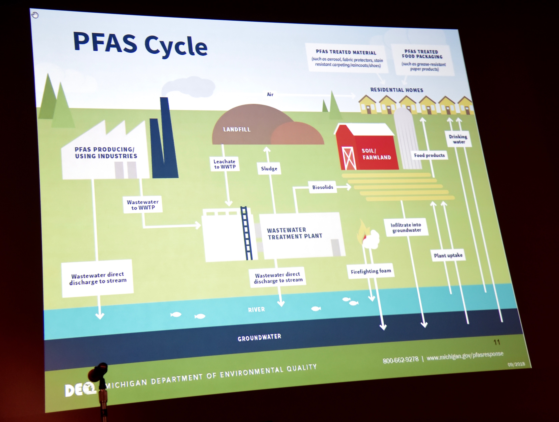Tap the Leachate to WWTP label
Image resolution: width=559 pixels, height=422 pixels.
coord(224,164)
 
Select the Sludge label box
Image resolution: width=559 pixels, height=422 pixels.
coord(269,169)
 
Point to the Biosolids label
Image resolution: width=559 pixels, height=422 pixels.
coord(322,187)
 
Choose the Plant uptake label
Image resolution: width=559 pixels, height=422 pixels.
coord(448,255)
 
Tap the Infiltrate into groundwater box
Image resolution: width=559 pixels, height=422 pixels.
coord(406,227)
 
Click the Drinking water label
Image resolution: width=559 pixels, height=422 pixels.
coord(458,139)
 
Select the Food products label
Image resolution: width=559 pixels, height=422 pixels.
coord(429,155)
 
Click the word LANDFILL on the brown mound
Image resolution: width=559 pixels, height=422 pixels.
coord(237,129)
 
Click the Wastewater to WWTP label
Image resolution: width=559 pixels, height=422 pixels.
coord(142,205)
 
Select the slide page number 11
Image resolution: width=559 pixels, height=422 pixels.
coord(497,342)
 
